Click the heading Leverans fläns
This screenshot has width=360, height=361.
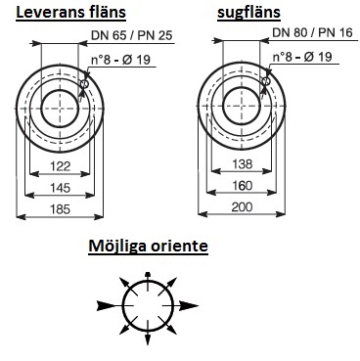(70, 13)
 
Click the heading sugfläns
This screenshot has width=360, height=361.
(248, 13)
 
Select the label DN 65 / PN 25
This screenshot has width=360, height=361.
(131, 35)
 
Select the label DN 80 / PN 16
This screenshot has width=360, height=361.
(313, 32)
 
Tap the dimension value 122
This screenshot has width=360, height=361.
(61, 166)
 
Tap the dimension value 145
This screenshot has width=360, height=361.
(61, 188)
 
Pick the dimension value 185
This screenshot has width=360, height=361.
(61, 208)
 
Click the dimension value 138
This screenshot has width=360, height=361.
(243, 163)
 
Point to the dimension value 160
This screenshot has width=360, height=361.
(243, 186)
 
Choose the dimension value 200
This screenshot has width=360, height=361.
(242, 206)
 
